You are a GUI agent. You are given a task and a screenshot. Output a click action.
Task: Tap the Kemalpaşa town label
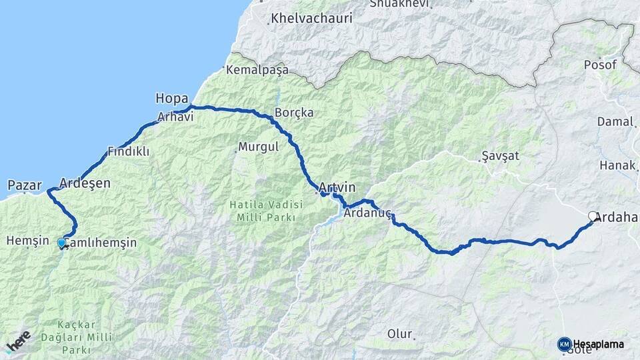point(257,70)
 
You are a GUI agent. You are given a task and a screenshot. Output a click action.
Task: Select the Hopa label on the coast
point(171,99)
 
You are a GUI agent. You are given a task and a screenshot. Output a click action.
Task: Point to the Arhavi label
point(175,117)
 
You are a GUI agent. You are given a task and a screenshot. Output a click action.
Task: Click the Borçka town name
point(294,113)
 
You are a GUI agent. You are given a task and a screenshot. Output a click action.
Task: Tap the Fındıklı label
point(129,151)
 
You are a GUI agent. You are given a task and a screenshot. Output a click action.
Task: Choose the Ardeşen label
point(85,183)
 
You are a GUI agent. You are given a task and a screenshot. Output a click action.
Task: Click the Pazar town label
point(25,185)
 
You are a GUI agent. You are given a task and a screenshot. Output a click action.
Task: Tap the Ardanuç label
point(366,214)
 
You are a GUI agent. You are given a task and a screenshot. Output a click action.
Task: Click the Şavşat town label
point(500,157)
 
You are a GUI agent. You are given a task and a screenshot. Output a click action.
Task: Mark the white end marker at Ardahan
point(593,216)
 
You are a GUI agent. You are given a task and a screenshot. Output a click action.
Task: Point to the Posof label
point(596,65)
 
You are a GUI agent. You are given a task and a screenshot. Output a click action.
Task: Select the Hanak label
point(614,165)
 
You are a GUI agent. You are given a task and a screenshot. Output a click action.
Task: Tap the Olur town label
point(399,333)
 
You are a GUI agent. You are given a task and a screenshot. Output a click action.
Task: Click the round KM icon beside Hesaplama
point(564,344)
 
